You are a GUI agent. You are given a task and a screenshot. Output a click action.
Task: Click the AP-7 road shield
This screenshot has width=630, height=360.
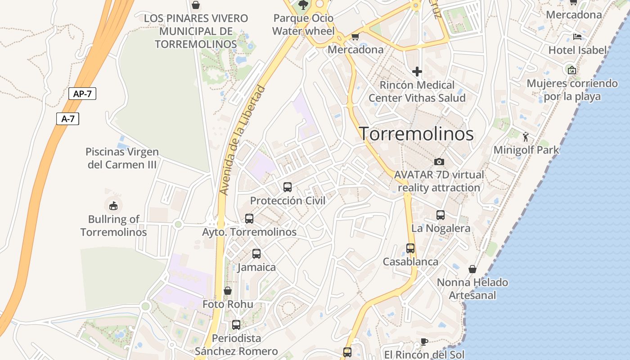click(82, 94)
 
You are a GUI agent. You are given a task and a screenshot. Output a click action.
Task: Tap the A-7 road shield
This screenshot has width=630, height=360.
click(67, 119)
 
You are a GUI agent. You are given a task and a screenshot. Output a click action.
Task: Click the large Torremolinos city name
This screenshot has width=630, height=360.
click(416, 134)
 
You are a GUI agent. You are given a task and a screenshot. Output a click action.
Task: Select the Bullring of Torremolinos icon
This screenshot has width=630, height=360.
click(113, 206)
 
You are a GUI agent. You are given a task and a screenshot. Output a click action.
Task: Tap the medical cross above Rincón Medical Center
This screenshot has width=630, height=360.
click(417, 72)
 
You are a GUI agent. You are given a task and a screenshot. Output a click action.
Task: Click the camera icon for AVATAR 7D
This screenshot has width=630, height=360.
click(439, 162)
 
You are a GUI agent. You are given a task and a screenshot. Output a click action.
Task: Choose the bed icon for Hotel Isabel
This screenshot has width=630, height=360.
click(577, 37)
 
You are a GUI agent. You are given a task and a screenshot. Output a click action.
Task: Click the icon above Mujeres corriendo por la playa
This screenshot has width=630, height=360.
click(572, 70)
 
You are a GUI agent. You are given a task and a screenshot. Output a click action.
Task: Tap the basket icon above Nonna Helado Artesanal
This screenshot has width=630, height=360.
click(472, 269)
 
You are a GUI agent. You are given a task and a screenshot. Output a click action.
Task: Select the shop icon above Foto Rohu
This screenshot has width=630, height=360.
click(228, 291)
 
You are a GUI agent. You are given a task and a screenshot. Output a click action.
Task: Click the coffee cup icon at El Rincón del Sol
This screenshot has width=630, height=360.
click(424, 342)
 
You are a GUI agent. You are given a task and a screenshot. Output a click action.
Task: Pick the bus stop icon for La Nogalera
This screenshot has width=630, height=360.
click(441, 215)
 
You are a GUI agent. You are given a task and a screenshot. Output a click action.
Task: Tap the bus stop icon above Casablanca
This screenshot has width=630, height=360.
click(410, 248)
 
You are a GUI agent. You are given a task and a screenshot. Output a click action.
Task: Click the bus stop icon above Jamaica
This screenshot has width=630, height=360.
click(256, 254)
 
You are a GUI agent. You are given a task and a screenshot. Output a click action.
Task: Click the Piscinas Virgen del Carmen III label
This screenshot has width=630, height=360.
click(122, 158)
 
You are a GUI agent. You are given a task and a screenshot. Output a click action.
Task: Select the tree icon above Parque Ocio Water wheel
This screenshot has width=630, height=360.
click(303, 5)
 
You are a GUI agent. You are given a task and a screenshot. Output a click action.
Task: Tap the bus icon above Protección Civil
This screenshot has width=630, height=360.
click(288, 187)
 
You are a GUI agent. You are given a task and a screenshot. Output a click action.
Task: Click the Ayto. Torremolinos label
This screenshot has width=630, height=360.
click(249, 232)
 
